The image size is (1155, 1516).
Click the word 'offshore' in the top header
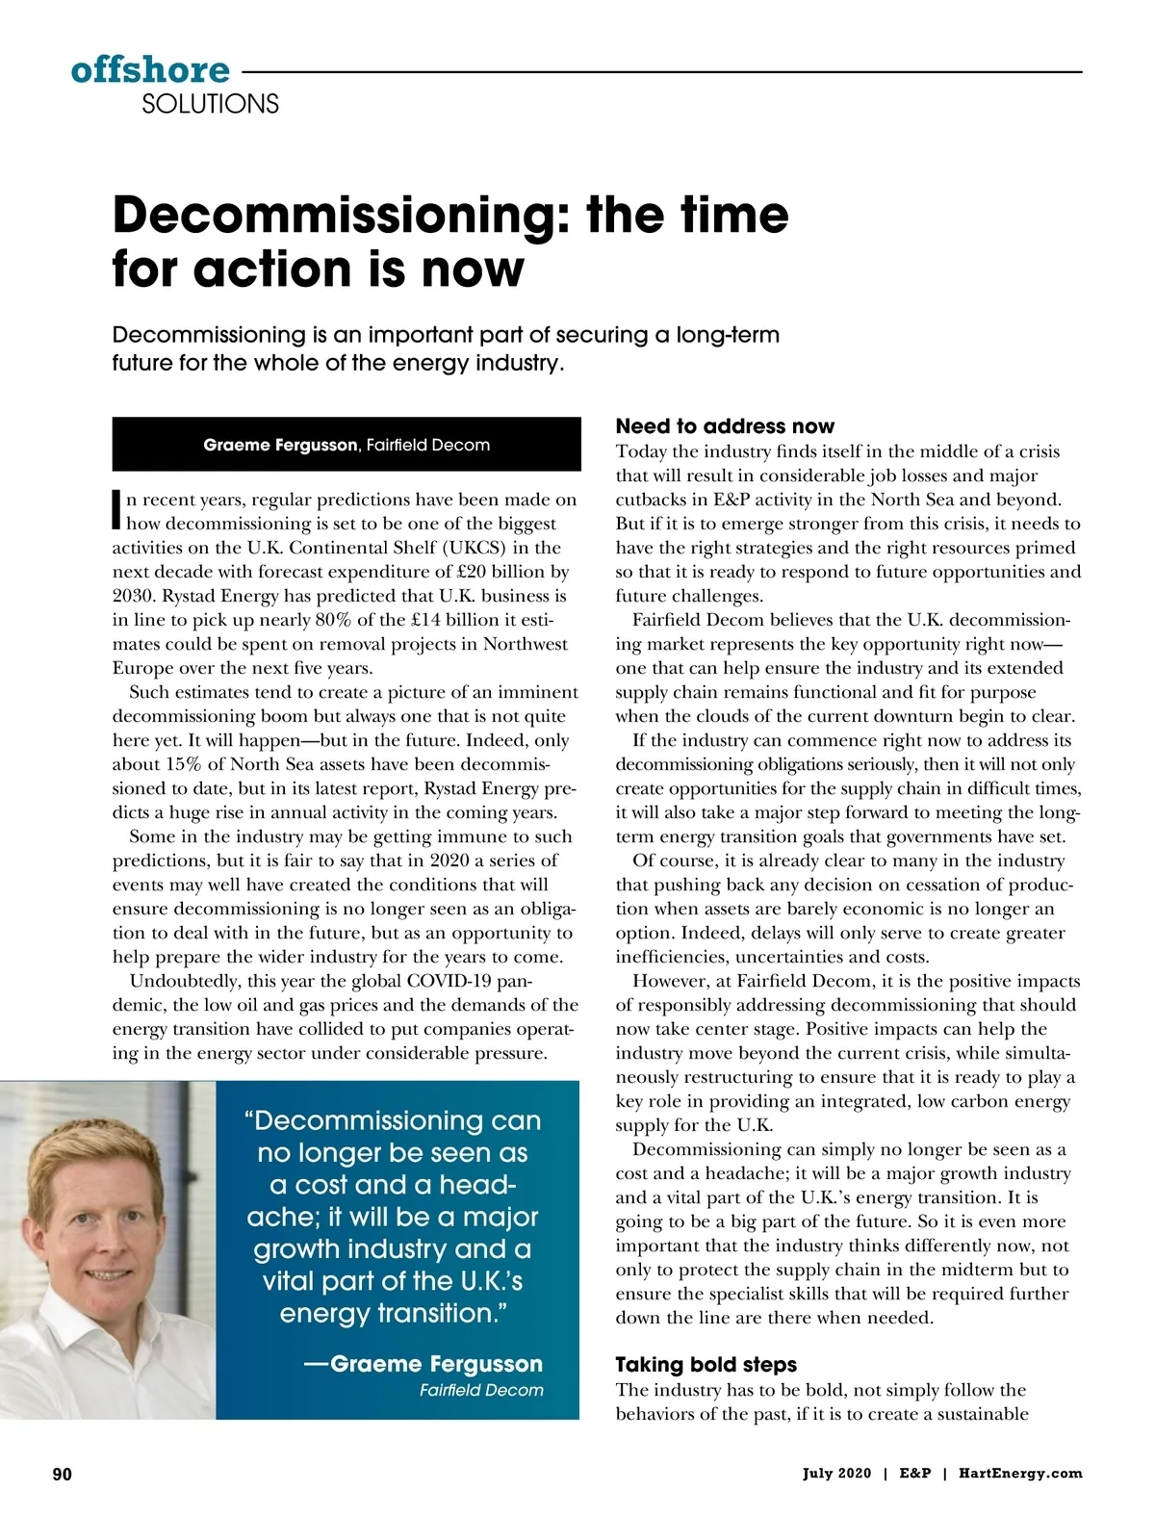pos(150,70)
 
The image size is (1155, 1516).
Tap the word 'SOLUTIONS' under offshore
pos(210,104)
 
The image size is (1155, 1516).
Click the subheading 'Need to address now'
pos(725,426)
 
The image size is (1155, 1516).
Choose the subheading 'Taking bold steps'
pos(706,1365)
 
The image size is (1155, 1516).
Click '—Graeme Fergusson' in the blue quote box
pos(423,1364)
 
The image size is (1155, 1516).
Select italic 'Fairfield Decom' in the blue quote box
pos(481,1390)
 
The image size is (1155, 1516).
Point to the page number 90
pos(62,1474)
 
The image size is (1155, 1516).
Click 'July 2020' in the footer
pos(836,1474)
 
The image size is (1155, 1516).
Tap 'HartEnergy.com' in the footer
pos(1020,1474)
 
